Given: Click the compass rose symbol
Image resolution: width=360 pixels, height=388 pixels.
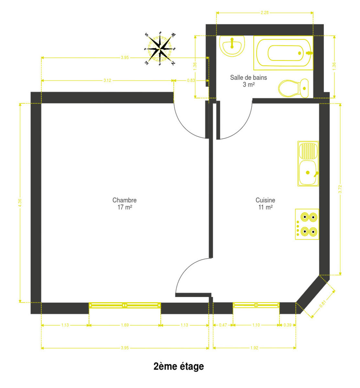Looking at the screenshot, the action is tap(160, 48).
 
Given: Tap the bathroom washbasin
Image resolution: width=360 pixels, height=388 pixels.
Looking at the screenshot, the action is tap(232, 46).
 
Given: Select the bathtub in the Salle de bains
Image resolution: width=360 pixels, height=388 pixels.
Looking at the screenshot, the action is tap(283, 53).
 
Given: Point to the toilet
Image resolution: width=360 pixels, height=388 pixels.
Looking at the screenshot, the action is tap(293, 88).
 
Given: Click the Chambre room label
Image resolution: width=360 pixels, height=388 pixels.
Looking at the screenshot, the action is tap(125, 204).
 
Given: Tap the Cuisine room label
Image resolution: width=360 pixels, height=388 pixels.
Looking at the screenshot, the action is tap(265, 204).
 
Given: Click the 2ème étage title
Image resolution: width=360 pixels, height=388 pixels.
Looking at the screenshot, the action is tap(179, 367).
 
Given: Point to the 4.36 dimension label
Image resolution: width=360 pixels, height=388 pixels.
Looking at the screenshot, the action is tap(20, 203).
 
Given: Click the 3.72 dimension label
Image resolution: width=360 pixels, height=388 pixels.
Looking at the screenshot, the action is tap(340, 189).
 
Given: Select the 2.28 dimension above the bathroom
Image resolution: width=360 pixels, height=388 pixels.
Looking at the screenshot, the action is tap(265, 13).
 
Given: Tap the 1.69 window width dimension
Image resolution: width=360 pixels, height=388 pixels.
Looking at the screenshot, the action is tap(125, 325).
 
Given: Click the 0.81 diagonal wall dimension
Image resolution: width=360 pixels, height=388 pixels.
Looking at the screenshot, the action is tap(323, 304).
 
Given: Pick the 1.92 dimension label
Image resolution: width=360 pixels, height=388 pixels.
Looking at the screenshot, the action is tap(254, 348).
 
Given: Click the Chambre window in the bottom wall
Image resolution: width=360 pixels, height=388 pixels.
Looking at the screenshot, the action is tap(125, 305).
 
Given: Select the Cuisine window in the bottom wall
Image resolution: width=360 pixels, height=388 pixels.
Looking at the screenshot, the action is tap(256, 305).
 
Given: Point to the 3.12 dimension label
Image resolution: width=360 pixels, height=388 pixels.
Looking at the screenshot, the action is tap(107, 81).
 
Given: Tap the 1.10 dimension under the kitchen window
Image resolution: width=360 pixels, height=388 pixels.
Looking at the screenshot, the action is tap(256, 325).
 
